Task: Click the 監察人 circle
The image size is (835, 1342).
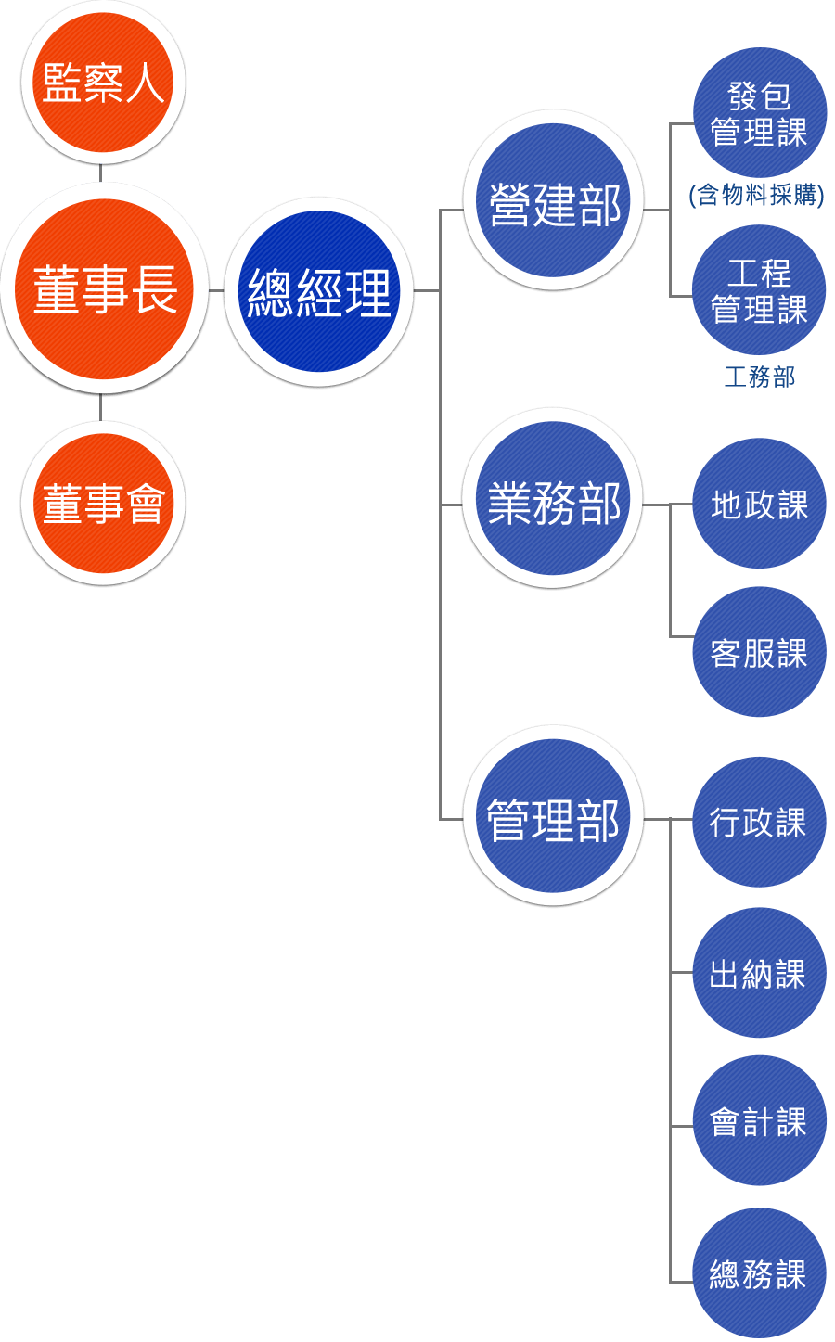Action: click(x=103, y=83)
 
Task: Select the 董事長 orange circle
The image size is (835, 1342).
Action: click(x=104, y=288)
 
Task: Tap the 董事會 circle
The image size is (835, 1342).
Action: click(x=103, y=504)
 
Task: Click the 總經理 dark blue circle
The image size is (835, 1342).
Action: click(x=318, y=291)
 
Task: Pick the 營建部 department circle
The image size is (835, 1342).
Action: click(x=554, y=201)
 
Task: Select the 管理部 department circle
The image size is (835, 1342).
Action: click(x=553, y=816)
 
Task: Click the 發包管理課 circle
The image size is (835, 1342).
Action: click(x=759, y=113)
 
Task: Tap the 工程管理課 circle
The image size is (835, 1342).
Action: click(x=759, y=290)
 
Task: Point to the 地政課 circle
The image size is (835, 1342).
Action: click(x=759, y=504)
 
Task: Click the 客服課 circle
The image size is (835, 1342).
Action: click(x=759, y=652)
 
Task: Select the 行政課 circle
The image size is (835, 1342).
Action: click(x=759, y=822)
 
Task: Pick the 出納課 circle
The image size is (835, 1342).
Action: click(x=759, y=973)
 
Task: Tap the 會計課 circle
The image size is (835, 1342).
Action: click(x=759, y=1121)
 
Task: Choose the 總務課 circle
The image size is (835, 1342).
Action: click(x=759, y=1273)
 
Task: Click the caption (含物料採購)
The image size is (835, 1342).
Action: click(x=756, y=195)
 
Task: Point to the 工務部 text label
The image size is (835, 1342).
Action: click(x=759, y=377)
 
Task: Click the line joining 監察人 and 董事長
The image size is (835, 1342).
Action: click(x=100, y=173)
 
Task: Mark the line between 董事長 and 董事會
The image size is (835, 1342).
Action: click(x=100, y=408)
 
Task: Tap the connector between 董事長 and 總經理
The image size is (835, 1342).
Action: click(x=216, y=290)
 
